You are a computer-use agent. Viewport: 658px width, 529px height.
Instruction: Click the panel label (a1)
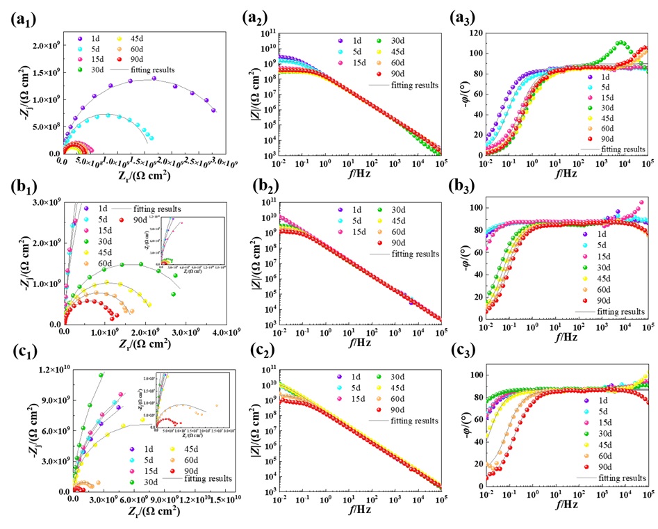(24, 19)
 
